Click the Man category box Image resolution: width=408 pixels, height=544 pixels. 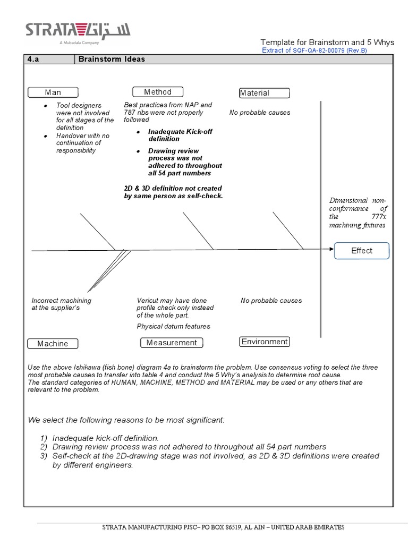[53, 92]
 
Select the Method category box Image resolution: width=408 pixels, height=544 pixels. [157, 92]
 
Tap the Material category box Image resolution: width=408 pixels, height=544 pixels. [265, 93]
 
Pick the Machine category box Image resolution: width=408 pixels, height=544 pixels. [53, 344]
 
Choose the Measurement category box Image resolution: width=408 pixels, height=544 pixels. [172, 343]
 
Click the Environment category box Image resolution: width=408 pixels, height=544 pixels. [265, 342]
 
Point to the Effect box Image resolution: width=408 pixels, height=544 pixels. [362, 251]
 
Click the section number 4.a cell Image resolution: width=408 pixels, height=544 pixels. [48, 59]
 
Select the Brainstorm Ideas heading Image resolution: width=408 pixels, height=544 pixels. [112, 59]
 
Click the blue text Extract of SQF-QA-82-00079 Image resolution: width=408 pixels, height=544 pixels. [314, 50]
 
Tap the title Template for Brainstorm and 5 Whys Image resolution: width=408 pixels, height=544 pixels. [327, 42]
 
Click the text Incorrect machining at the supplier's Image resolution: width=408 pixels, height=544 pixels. [61, 304]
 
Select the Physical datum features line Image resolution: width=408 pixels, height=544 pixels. [173, 326]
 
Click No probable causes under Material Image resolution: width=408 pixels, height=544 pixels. [260, 113]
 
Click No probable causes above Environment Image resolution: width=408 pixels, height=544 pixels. [271, 301]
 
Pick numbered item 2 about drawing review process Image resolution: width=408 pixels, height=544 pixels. [189, 447]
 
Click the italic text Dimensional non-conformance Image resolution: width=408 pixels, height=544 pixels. [358, 212]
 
